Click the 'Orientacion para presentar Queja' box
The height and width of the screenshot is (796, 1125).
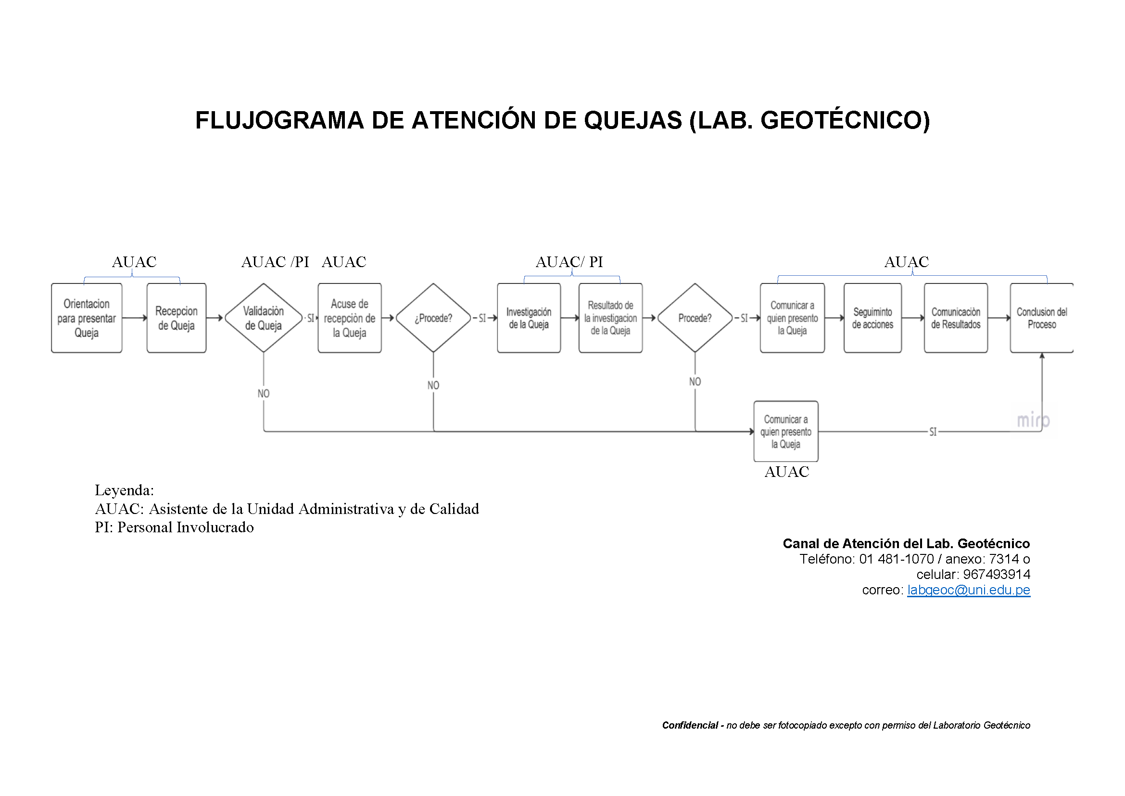click(x=87, y=318)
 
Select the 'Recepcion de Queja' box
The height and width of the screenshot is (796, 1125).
click(x=177, y=318)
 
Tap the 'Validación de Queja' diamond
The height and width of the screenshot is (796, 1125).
click(x=264, y=318)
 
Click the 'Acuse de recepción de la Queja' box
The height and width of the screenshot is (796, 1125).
click(x=349, y=318)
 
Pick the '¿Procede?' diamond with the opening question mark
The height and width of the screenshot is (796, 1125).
click(x=433, y=318)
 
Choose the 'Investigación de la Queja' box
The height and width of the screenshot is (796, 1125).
click(x=529, y=318)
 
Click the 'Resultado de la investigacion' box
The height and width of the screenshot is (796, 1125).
click(x=610, y=318)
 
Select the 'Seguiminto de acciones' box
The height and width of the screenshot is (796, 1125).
click(x=872, y=318)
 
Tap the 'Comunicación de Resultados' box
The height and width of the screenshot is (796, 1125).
click(x=956, y=318)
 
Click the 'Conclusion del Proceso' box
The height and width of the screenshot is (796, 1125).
click(x=1042, y=318)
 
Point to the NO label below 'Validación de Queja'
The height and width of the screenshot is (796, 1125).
click(x=264, y=394)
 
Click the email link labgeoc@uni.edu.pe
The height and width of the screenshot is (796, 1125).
click(x=969, y=590)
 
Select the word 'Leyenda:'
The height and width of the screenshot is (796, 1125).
click(x=125, y=490)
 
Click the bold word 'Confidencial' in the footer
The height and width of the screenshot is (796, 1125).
click(x=690, y=725)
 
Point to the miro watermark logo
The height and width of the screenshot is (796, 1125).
click(x=1033, y=420)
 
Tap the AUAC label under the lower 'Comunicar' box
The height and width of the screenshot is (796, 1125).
click(x=787, y=472)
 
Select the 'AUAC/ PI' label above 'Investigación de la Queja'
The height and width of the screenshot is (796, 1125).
click(x=569, y=262)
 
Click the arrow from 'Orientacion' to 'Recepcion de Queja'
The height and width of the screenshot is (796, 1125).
click(x=135, y=318)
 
